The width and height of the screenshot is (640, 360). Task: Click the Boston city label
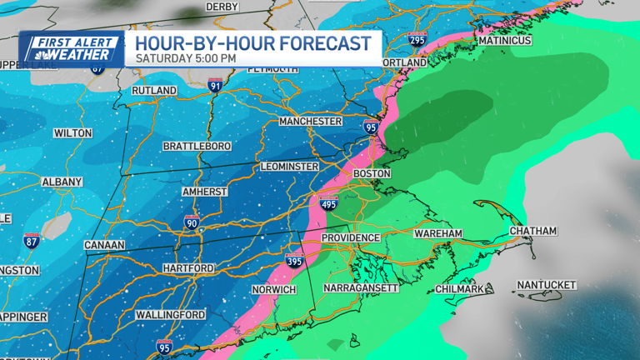click(x=372, y=173)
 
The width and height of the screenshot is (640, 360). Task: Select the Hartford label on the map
click(x=188, y=268)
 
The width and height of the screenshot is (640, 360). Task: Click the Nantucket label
click(x=546, y=285)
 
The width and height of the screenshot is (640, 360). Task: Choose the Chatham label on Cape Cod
click(x=532, y=231)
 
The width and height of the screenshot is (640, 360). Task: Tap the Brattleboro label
click(x=197, y=146)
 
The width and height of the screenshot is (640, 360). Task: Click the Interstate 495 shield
click(x=327, y=202)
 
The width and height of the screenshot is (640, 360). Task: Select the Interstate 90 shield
click(x=192, y=222)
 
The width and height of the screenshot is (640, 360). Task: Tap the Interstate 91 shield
click(x=215, y=84)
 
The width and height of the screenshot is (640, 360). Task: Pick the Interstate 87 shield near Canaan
click(x=32, y=241)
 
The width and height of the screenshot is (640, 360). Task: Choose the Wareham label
click(x=437, y=234)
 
